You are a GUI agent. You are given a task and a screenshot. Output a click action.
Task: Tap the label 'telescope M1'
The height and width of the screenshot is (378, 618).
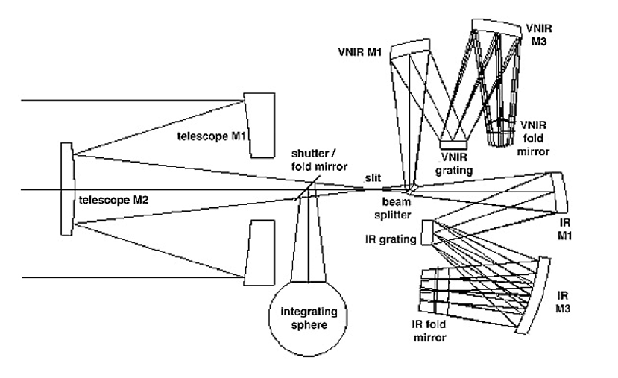211,136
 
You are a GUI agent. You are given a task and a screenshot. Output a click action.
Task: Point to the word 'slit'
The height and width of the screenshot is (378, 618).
373,176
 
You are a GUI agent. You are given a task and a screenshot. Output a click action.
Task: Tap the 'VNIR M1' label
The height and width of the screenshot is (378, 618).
361,54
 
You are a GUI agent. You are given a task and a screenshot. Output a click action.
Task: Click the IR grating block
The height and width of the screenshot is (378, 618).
428,232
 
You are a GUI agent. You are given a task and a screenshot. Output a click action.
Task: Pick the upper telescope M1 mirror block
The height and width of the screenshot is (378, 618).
258,125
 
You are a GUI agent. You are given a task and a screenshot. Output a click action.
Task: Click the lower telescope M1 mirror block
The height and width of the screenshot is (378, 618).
258,251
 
